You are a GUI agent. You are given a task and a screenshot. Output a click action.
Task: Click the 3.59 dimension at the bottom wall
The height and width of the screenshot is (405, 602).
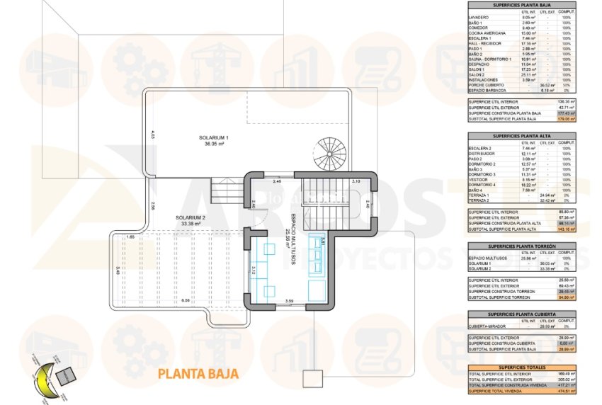point(289,302)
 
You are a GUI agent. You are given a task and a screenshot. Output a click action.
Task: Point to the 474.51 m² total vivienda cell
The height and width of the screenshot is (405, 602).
point(564,389)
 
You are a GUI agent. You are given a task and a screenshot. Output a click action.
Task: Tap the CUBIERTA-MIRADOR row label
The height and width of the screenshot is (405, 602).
point(488,326)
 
